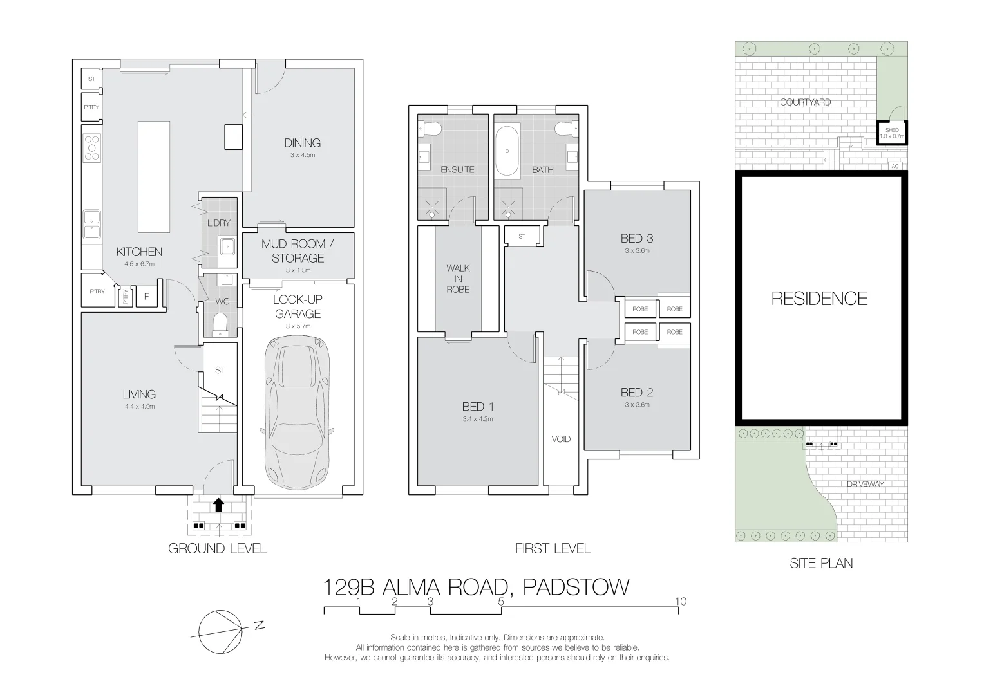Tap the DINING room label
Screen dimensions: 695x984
click(302, 143)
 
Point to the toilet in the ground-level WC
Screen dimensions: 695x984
click(220, 324)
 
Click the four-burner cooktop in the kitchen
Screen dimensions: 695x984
click(91, 147)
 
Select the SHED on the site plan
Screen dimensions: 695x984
click(892, 133)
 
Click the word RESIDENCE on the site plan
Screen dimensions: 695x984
click(819, 298)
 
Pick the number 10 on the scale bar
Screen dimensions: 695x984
click(681, 601)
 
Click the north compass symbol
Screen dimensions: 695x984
click(221, 631)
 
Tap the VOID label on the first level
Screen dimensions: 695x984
click(561, 439)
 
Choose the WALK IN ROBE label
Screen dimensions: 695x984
click(458, 279)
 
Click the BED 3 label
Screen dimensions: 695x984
click(636, 238)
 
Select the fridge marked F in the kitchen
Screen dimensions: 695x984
click(147, 297)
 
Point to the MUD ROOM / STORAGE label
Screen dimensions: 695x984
click(298, 251)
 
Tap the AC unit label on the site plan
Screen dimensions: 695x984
click(894, 166)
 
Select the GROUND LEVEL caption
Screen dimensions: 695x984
click(217, 548)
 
